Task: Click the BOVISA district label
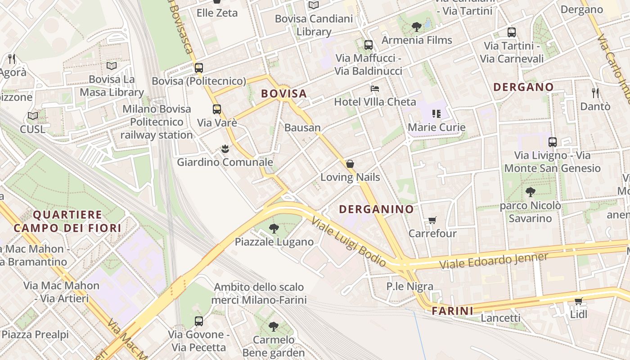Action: [x=284, y=94]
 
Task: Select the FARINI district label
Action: [x=453, y=310]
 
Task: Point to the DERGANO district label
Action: [x=523, y=87]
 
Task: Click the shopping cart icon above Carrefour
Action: [x=432, y=220]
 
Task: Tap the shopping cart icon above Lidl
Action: [x=578, y=301]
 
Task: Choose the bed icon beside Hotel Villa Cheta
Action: [x=374, y=88]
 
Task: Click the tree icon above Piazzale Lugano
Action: [x=274, y=229]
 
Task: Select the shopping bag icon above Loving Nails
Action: [x=350, y=164]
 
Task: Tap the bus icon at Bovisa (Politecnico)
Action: [x=198, y=68]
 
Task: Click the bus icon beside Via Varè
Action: [x=217, y=109]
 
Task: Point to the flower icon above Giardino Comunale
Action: [x=225, y=148]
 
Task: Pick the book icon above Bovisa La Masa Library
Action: [x=111, y=66]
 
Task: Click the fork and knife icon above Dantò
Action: [x=595, y=93]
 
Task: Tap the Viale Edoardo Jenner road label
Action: [x=494, y=261]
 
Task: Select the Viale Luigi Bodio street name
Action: [x=349, y=242]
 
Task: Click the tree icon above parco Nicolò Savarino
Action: [x=530, y=192]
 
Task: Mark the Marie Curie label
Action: [x=436, y=127]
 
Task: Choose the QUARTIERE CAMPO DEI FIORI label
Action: [x=67, y=221]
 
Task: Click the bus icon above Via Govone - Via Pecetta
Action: [x=198, y=321]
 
